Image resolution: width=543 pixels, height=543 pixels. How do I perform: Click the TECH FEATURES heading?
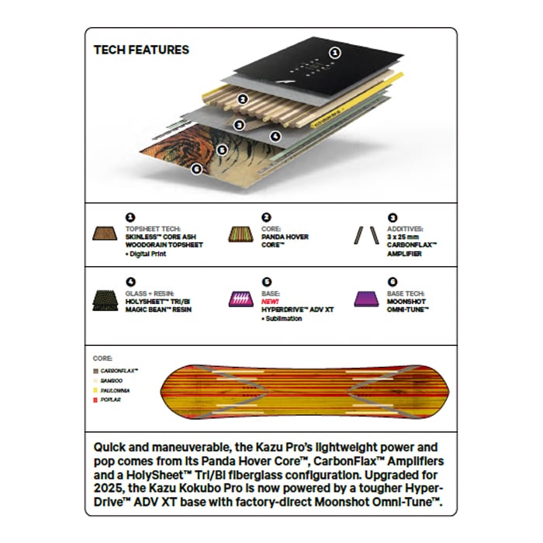click(x=141, y=50)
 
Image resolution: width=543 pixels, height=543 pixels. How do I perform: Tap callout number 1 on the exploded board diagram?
click(x=335, y=53)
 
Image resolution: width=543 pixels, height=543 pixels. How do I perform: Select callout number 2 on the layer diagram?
click(x=243, y=99)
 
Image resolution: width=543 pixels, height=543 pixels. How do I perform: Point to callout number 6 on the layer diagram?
click(x=196, y=168)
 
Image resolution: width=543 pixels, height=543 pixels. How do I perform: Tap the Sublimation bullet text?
click(x=284, y=318)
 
